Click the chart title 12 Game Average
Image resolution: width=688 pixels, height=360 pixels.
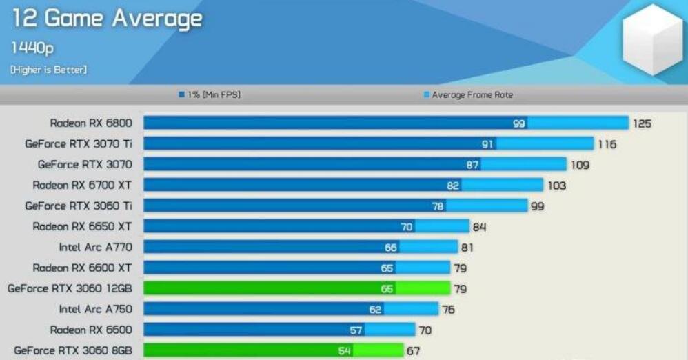pos(107,19)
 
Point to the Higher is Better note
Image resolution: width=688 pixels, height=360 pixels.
pos(48,70)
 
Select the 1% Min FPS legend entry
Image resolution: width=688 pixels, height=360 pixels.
pos(209,95)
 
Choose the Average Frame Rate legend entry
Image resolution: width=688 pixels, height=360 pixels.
pos(468,95)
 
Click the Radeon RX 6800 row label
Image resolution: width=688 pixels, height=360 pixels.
pos(91,123)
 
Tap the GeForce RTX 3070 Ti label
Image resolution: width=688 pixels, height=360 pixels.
pos(79,144)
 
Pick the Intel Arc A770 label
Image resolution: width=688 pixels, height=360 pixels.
pos(96,247)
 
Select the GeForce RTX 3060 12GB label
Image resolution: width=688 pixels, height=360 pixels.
pos(70,288)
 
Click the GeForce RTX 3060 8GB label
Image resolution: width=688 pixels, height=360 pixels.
pos(73,350)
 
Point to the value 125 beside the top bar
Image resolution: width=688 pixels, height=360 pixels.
pos(642,124)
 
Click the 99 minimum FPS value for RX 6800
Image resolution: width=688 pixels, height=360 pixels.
pos(519,123)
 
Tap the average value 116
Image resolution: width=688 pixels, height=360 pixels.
pos(607,145)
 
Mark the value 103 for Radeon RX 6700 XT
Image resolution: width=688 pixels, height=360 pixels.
pos(556,186)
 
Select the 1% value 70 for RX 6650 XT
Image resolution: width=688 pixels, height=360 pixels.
pos(407,226)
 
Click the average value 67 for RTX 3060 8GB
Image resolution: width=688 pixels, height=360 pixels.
pos(413,351)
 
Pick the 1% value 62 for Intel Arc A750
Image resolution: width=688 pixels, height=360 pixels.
pos(375,310)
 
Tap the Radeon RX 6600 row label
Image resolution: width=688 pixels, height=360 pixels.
pos(91,330)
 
